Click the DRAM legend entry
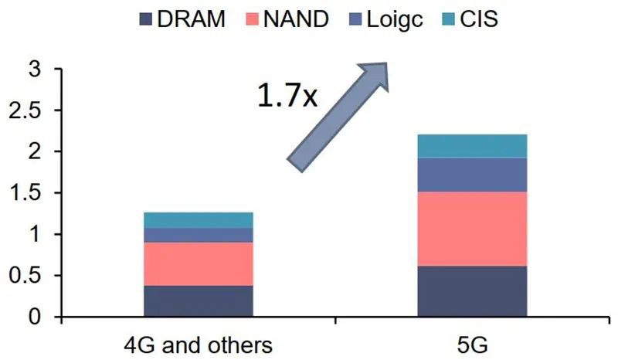[182, 19]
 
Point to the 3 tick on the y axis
[35, 70]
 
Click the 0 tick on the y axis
[35, 317]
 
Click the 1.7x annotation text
[287, 97]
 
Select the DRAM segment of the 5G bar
[472, 291]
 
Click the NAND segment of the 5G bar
[472, 229]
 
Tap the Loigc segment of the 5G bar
[472, 175]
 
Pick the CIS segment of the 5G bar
[472, 146]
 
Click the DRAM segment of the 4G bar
[199, 301]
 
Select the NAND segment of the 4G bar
[199, 263]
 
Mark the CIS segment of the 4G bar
[199, 219]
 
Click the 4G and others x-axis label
[199, 345]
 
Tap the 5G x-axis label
[472, 345]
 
